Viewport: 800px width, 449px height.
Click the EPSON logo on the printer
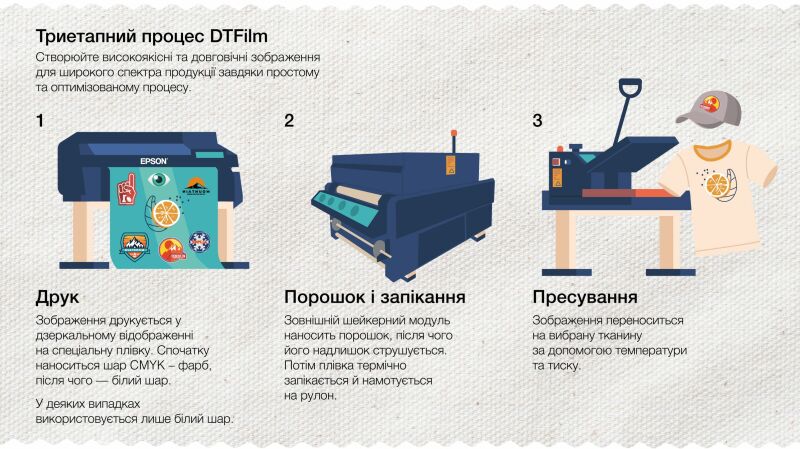(154, 161)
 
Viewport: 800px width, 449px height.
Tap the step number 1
(40, 121)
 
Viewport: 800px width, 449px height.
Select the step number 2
(289, 121)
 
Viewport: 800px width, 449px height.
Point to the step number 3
(537, 121)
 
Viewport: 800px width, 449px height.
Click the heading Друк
(57, 297)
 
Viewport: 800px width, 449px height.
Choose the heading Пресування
(585, 297)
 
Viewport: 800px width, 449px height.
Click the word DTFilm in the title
(239, 36)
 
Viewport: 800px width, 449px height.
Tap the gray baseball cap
(710, 108)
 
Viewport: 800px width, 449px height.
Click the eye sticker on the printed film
(159, 180)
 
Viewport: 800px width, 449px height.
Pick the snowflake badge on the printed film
(199, 241)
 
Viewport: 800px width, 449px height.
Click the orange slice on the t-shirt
(717, 184)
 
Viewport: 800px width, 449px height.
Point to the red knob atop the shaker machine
(453, 134)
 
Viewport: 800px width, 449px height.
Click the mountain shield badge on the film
(135, 245)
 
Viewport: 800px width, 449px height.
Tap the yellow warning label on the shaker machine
(451, 165)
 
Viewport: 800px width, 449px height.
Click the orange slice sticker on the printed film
(166, 213)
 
